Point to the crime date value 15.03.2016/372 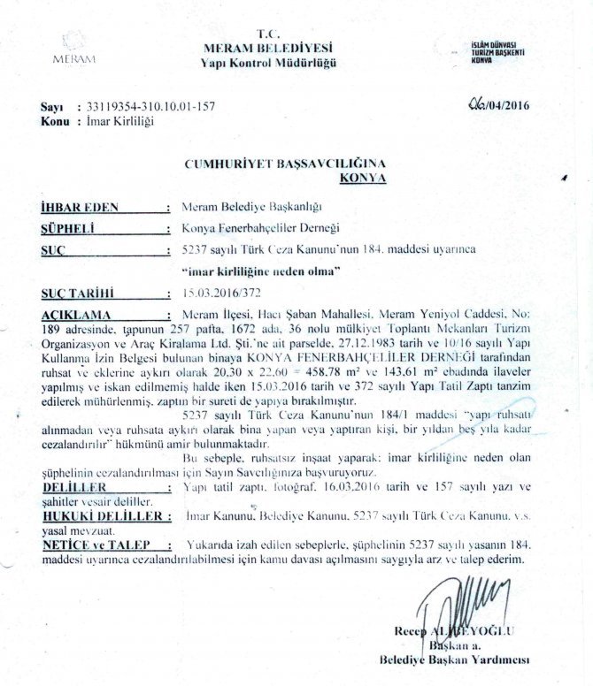[217, 292]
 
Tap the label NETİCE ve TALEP [92, 546]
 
